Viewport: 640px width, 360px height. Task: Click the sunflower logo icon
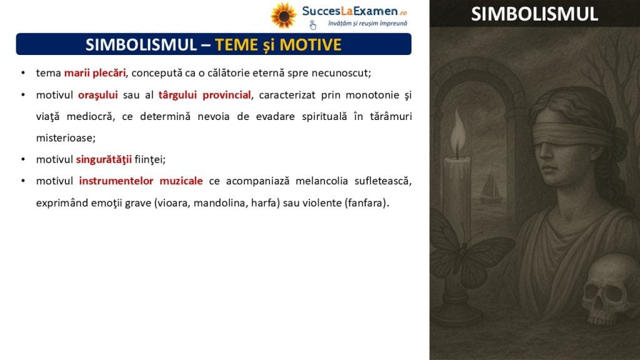(x=284, y=16)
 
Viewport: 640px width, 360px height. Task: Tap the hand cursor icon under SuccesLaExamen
(x=312, y=25)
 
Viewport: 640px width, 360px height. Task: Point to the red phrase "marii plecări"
(x=95, y=73)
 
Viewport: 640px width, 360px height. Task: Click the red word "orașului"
(x=98, y=95)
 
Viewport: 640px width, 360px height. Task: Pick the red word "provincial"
(x=226, y=95)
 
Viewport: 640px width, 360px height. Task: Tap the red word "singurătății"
(x=104, y=159)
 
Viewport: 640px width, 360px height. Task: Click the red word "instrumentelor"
(x=116, y=181)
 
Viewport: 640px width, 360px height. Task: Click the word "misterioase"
(x=65, y=138)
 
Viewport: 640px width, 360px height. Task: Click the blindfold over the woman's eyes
(x=571, y=132)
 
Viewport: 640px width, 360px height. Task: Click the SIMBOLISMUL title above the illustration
(x=534, y=14)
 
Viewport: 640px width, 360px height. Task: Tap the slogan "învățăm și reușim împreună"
(x=367, y=24)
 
